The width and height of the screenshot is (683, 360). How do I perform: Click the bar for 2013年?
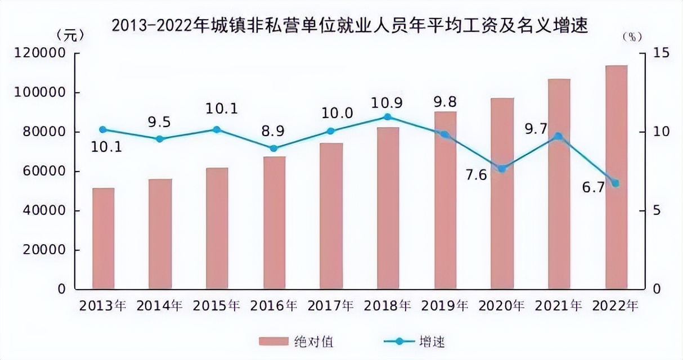point(103,238)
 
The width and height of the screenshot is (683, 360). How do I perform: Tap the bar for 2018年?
point(388,208)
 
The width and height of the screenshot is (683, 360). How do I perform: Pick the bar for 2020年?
point(502,193)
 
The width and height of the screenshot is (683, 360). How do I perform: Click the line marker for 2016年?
point(274,148)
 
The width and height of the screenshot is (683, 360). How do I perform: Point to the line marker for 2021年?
point(558,136)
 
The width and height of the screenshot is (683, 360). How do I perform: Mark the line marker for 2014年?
point(160,139)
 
